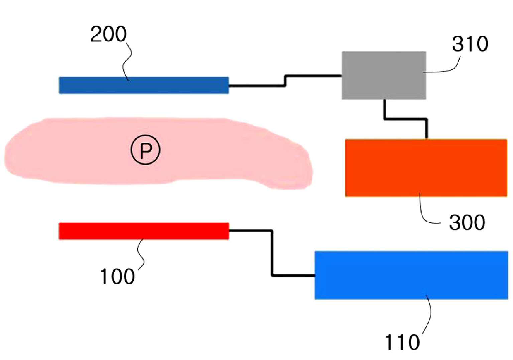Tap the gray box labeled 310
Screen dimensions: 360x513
pos(383,75)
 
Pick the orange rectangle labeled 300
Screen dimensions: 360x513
pos(426,167)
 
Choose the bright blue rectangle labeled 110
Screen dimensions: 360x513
pos(411,275)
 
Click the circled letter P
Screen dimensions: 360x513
pos(145,151)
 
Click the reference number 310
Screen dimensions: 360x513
pos(470,44)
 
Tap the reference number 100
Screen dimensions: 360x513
pos(117,277)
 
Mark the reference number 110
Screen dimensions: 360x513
pos(402,342)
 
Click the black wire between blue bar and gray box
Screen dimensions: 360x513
pos(285,81)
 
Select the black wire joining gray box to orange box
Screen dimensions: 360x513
pos(405,119)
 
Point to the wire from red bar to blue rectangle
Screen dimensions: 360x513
pos(272,252)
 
